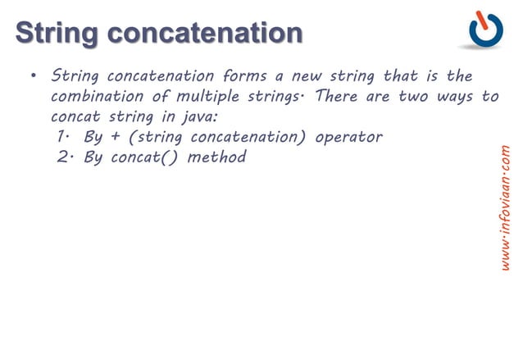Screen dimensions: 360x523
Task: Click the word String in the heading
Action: [59, 32]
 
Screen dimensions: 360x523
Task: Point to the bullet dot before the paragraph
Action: [33, 78]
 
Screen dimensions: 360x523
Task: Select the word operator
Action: [348, 136]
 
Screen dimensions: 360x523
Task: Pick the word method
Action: [217, 156]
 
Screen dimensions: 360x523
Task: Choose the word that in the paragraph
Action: [401, 76]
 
